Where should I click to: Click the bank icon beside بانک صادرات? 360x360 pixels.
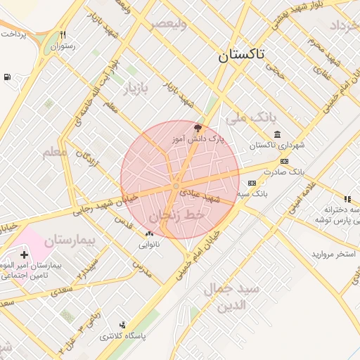pyautogui.click(x=284, y=161)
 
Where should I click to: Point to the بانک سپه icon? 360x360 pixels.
pyautogui.click(x=252, y=183)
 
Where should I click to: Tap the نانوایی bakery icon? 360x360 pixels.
pyautogui.click(x=149, y=233)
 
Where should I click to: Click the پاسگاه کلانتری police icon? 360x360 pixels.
pyautogui.click(x=123, y=325)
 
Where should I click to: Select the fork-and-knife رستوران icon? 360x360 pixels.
pyautogui.click(x=63, y=34)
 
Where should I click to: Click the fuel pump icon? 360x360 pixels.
pyautogui.click(x=7, y=77)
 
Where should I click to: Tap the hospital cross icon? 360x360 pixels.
pyautogui.click(x=25, y=255)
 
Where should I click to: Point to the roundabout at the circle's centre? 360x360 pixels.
pyautogui.click(x=176, y=186)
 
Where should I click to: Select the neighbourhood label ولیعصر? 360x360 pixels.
pyautogui.click(x=168, y=23)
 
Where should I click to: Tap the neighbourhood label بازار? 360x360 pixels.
pyautogui.click(x=138, y=89)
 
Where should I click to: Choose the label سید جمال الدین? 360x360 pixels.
pyautogui.click(x=232, y=297)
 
